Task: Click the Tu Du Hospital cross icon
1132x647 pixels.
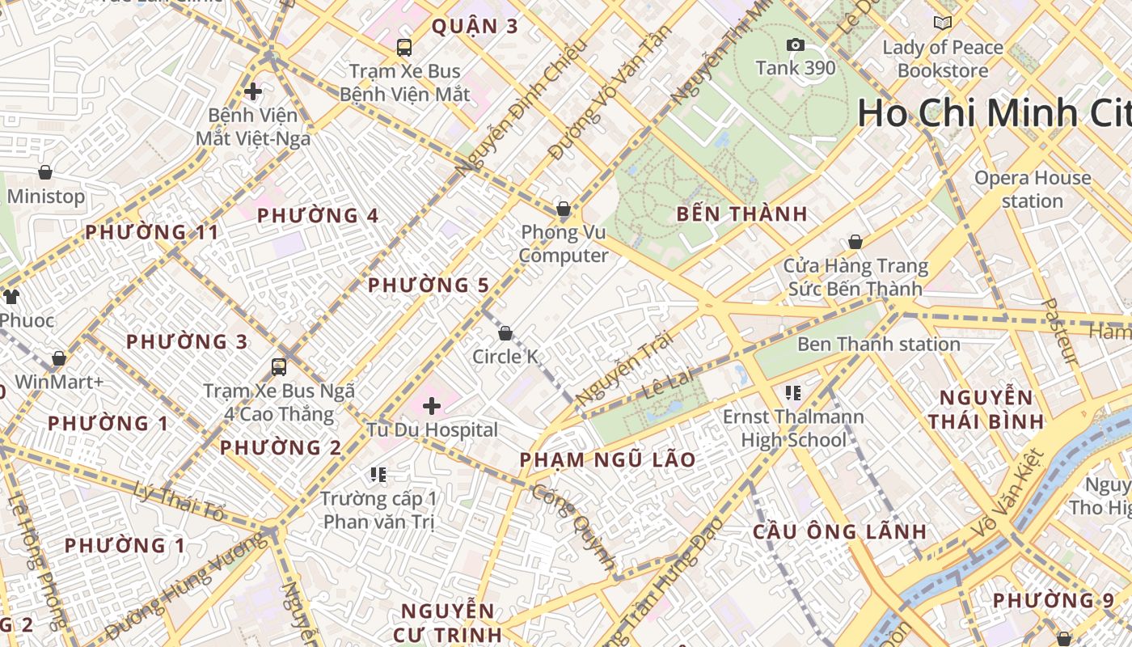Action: (x=432, y=405)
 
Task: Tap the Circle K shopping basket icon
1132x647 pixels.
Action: (x=505, y=333)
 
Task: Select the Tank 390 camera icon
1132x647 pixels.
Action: (x=796, y=45)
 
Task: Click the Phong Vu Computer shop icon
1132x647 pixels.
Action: (x=564, y=209)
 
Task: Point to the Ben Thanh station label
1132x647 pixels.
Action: (x=878, y=345)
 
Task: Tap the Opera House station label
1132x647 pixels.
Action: (x=1032, y=189)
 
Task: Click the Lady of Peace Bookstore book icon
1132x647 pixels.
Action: (x=942, y=23)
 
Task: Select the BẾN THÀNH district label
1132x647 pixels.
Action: (x=741, y=214)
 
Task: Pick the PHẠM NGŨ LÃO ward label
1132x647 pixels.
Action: (x=607, y=460)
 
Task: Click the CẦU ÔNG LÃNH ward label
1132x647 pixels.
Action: (x=839, y=532)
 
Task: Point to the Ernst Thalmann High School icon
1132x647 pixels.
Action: (x=792, y=393)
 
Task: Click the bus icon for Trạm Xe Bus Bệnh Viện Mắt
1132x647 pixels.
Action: (x=404, y=48)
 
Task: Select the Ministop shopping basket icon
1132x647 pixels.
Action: (x=45, y=172)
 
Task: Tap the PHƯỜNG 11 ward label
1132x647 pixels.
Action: (x=152, y=233)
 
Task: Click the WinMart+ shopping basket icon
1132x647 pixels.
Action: (x=59, y=358)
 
